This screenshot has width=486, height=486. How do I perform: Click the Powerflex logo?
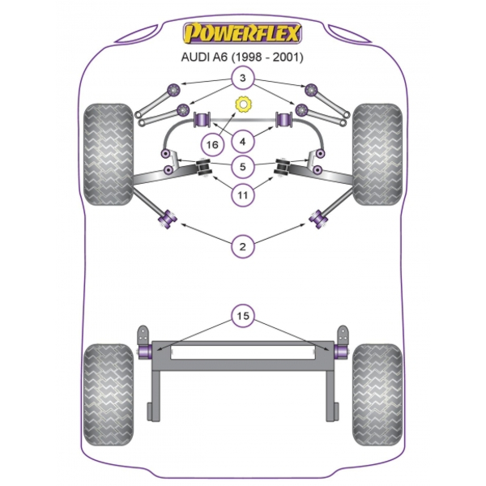click(x=242, y=33)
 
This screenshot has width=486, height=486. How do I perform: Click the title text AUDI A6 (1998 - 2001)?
click(x=242, y=58)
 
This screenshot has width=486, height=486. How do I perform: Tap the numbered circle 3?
click(x=243, y=78)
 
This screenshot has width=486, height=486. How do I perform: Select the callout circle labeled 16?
click(x=212, y=144)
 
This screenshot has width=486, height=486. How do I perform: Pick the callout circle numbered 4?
click(x=243, y=142)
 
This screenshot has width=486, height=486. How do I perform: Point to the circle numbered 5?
click(x=243, y=167)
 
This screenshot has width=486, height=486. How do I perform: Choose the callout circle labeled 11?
click(x=243, y=195)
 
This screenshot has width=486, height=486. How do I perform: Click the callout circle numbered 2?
click(x=243, y=247)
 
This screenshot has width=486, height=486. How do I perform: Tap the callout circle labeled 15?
click(x=243, y=316)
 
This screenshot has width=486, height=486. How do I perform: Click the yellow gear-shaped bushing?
click(x=243, y=104)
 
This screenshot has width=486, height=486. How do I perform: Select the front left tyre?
click(x=109, y=155)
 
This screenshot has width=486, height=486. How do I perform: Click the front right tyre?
click(x=377, y=155)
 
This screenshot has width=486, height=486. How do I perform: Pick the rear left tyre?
click(x=109, y=394)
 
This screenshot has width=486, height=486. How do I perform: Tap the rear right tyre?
click(x=377, y=394)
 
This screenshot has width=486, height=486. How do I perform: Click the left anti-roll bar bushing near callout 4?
click(x=202, y=119)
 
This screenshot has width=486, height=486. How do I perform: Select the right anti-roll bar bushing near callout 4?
click(x=284, y=119)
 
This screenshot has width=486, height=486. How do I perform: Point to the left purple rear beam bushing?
click(x=145, y=352)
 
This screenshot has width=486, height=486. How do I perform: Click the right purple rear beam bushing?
click(x=341, y=352)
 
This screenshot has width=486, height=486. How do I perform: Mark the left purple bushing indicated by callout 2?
click(x=168, y=220)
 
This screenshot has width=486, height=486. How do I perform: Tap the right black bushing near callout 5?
click(x=283, y=168)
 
